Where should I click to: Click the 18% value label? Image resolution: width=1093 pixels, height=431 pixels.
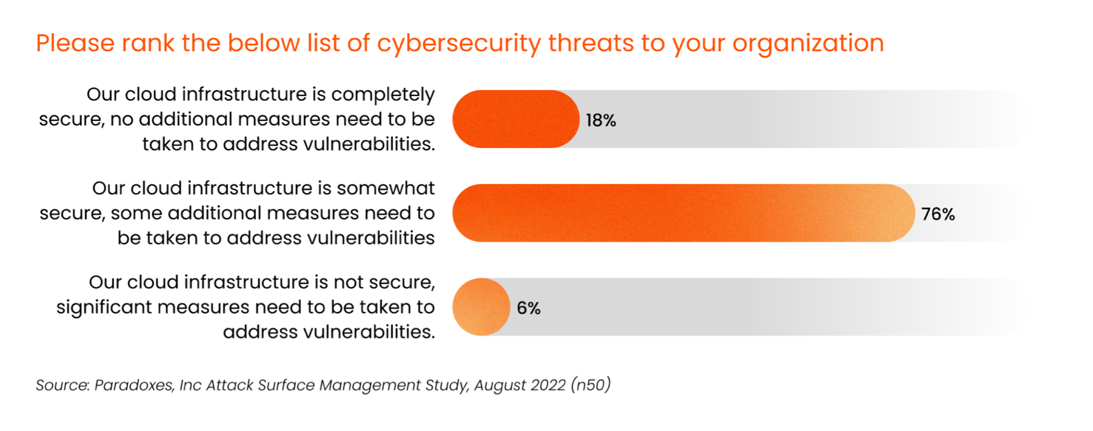click(600, 121)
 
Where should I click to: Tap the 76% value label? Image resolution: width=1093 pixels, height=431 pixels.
click(938, 214)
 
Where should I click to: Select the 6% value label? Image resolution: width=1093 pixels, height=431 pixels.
click(528, 308)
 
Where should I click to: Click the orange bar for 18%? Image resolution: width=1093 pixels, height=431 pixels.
click(516, 119)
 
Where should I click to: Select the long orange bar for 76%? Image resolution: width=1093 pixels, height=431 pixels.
click(683, 213)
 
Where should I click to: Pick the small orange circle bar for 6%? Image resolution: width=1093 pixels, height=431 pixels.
click(481, 307)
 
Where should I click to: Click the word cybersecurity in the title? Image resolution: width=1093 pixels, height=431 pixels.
click(459, 44)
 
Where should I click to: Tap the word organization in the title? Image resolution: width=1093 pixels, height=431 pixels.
click(808, 44)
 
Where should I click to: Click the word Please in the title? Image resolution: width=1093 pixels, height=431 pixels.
click(75, 44)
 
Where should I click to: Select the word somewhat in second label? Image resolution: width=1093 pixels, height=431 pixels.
click(386, 188)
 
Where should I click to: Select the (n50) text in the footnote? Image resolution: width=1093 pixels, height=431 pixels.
click(590, 385)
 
